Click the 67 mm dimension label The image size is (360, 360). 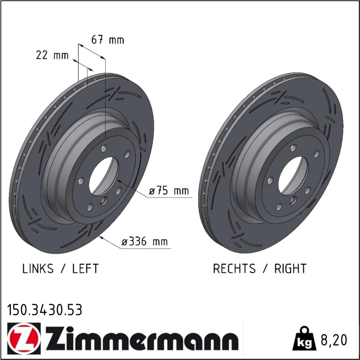[x=107, y=40]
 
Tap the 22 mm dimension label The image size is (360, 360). [x=52, y=55]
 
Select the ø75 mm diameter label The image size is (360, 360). [x=169, y=191]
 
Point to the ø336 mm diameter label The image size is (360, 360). [x=144, y=242]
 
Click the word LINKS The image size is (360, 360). [x=38, y=269]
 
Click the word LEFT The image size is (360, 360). [x=85, y=269]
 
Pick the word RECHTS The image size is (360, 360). [x=234, y=269]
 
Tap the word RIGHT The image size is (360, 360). [x=291, y=269]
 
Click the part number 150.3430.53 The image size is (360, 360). [x=45, y=310]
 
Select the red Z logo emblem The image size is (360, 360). [x=24, y=338]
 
